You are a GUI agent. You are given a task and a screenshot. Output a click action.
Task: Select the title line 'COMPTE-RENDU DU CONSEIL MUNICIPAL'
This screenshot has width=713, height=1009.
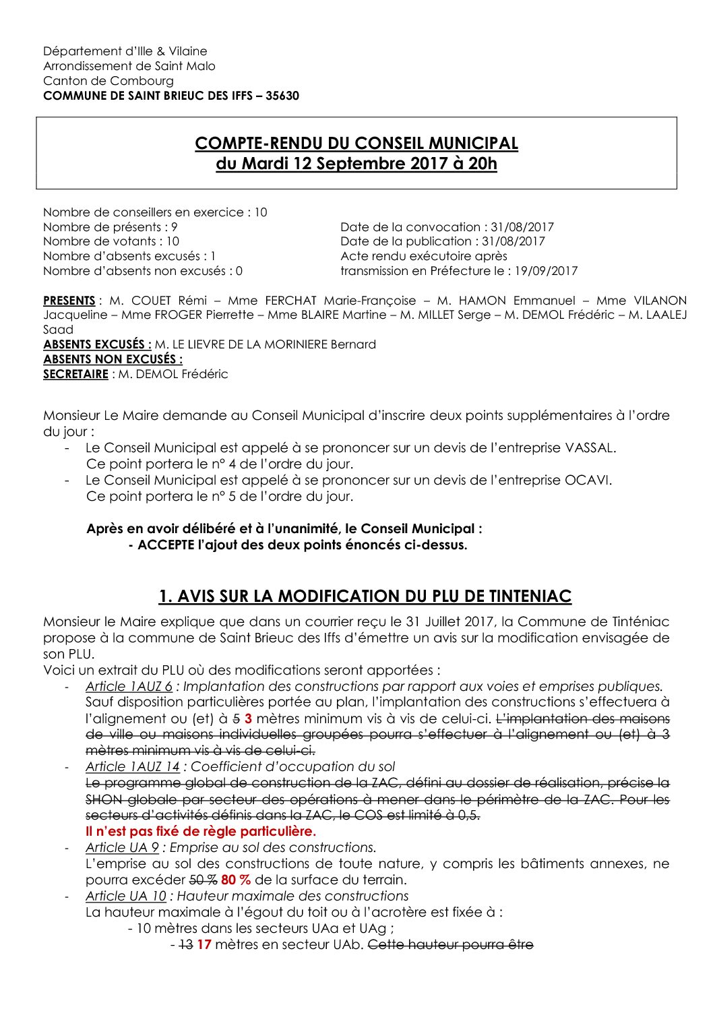coord(356,144)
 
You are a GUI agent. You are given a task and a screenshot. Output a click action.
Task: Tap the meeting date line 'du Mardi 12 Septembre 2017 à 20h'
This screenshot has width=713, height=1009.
coord(356,164)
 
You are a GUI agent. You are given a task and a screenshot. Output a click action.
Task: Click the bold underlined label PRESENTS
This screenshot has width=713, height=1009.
coord(69,301)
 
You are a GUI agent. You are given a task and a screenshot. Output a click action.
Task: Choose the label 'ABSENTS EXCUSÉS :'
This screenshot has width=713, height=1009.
coord(97,344)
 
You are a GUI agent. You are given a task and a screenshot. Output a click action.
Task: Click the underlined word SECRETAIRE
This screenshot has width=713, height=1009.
coord(75,374)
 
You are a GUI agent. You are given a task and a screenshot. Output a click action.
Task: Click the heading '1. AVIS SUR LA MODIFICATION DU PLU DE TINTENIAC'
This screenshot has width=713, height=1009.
coord(365,597)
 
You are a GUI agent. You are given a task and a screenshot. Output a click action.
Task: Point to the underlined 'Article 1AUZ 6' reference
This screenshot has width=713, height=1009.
coord(129,686)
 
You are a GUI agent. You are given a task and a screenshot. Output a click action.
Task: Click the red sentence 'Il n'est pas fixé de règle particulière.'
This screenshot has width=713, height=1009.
coord(201,831)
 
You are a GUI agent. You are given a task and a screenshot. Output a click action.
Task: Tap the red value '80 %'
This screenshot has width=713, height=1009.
coord(236,880)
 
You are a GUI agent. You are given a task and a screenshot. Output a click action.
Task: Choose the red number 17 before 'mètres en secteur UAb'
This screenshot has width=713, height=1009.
coord(204,944)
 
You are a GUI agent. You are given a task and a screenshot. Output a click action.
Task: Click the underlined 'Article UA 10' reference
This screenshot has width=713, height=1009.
coord(125,896)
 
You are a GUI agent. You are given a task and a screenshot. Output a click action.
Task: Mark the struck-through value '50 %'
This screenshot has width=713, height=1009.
coord(203,880)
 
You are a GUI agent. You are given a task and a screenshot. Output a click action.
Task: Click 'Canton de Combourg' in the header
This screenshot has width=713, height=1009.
coord(108,81)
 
